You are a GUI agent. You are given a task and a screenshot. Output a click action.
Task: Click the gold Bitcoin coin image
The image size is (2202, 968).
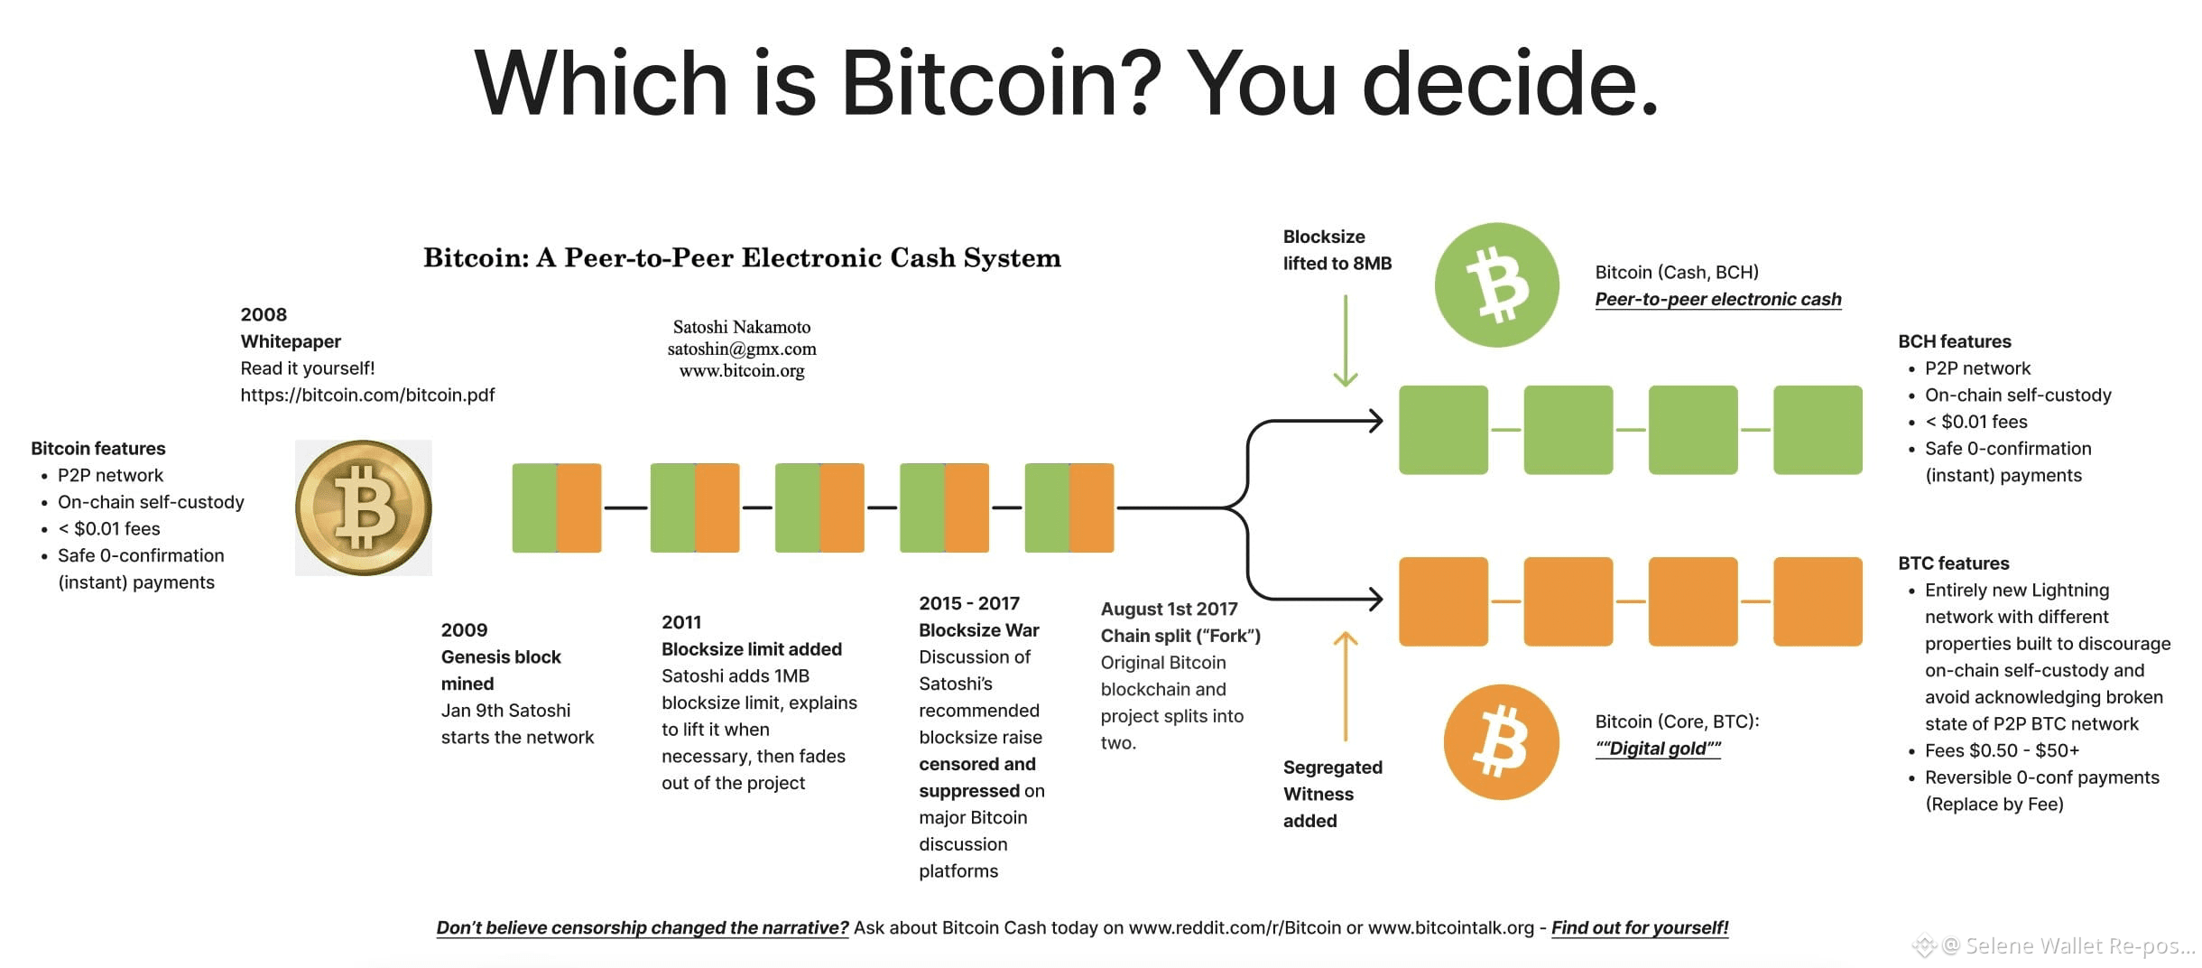pyautogui.click(x=364, y=507)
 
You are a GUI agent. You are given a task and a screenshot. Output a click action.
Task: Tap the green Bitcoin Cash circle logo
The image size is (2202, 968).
pyautogui.click(x=1496, y=285)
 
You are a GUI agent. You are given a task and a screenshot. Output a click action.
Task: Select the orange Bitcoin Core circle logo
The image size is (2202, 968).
pyautogui.click(x=1501, y=742)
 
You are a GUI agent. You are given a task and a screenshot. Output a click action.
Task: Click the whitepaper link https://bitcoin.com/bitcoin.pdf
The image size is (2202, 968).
pyautogui.click(x=367, y=395)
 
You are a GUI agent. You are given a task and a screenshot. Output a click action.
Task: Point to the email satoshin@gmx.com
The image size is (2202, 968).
pyautogui.click(x=742, y=349)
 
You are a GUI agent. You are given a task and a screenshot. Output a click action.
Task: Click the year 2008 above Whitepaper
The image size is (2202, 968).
pyautogui.click(x=264, y=314)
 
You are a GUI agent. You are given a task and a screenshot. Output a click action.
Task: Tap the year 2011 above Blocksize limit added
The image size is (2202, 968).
pyautogui.click(x=681, y=622)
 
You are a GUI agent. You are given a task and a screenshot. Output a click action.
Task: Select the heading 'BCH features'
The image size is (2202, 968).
pyautogui.click(x=1955, y=341)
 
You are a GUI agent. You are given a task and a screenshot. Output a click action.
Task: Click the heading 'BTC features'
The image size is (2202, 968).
pyautogui.click(x=1954, y=563)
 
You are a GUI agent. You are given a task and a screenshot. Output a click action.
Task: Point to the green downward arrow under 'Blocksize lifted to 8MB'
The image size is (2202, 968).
pyautogui.click(x=1346, y=341)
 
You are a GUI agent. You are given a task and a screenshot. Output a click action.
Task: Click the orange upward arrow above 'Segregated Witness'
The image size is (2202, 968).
pyautogui.click(x=1346, y=686)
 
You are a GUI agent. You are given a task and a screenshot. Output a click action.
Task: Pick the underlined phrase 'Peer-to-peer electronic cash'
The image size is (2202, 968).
pyautogui.click(x=1718, y=299)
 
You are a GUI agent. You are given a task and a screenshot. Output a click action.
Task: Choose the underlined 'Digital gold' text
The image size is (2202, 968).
pyautogui.click(x=1658, y=749)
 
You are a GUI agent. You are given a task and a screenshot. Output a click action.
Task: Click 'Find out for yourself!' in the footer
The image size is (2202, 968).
pyautogui.click(x=1640, y=927)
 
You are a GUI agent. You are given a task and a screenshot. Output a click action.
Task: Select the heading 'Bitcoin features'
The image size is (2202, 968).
pyautogui.click(x=98, y=449)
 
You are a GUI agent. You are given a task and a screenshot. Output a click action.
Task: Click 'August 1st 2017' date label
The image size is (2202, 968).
pyautogui.click(x=1170, y=610)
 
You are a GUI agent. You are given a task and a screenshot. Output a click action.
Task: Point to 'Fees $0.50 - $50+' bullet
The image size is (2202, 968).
pyautogui.click(x=2002, y=750)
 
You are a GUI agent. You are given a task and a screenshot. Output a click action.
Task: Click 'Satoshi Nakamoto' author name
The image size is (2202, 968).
pyautogui.click(x=742, y=327)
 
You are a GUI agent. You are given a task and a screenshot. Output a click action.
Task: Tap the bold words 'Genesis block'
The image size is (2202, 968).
pyautogui.click(x=501, y=657)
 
